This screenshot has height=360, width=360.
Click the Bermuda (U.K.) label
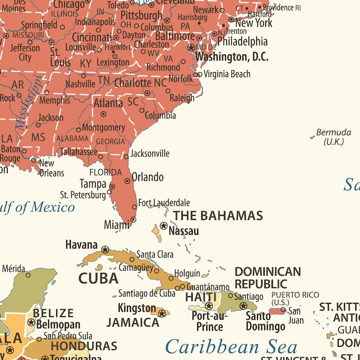(x=334, y=137)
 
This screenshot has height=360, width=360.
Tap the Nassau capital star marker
(x=164, y=225)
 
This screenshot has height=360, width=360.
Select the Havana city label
(x=82, y=245)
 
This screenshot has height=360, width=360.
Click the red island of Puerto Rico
(x=277, y=311)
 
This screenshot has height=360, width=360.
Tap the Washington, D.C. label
(x=232, y=57)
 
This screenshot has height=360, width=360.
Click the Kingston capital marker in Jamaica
(x=162, y=312)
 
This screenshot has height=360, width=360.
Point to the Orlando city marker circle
(x=127, y=181)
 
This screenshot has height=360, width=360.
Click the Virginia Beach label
(x=227, y=74)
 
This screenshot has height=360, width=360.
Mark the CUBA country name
(x=98, y=278)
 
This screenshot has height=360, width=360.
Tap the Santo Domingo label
(x=265, y=321)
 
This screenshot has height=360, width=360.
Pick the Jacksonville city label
(x=150, y=154)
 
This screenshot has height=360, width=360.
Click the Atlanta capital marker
(x=103, y=114)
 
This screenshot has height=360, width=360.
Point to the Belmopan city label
(x=58, y=325)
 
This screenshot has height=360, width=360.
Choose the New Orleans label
(x=51, y=168)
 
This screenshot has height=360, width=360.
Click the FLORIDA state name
(x=105, y=172)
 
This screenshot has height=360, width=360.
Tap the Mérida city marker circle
(x=28, y=275)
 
